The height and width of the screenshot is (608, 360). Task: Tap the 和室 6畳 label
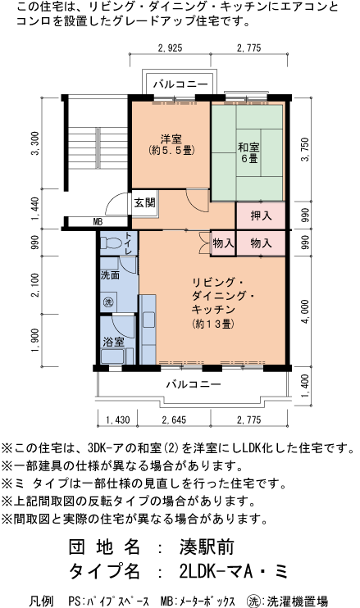tap(248, 152)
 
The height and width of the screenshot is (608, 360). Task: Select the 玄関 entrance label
tap(144, 202)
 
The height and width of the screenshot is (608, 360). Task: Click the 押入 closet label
tap(261, 217)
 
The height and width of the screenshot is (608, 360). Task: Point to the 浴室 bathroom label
tap(112, 341)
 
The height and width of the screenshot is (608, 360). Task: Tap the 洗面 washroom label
tap(110, 275)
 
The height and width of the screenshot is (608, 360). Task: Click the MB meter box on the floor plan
tap(97, 221)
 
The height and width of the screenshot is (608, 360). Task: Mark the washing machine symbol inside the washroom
tap(107, 301)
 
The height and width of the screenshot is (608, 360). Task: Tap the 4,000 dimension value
tap(305, 311)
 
